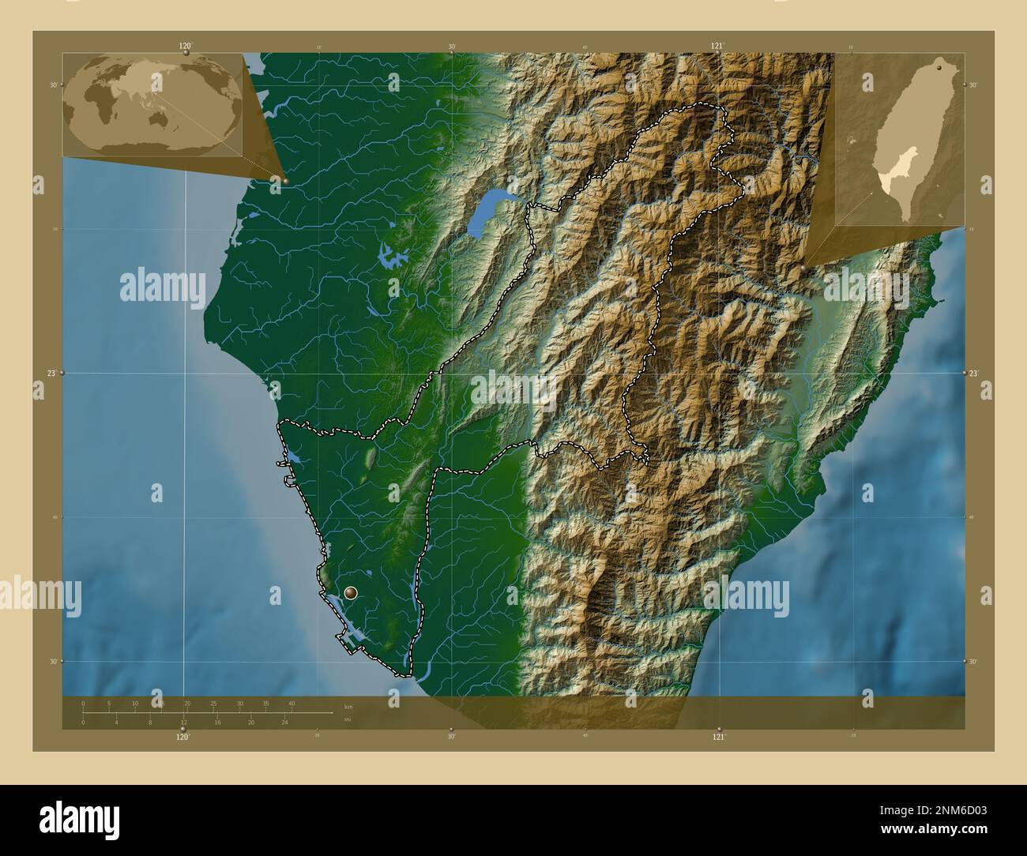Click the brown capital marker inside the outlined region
point(351,592)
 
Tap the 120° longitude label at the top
point(185,46)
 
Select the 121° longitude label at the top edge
point(717,46)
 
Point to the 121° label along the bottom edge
point(717,737)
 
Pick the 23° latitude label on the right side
point(974,373)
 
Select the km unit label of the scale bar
point(348,706)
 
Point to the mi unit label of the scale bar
point(348,719)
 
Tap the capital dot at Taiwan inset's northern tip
point(938,69)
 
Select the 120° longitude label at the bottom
point(182,737)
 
